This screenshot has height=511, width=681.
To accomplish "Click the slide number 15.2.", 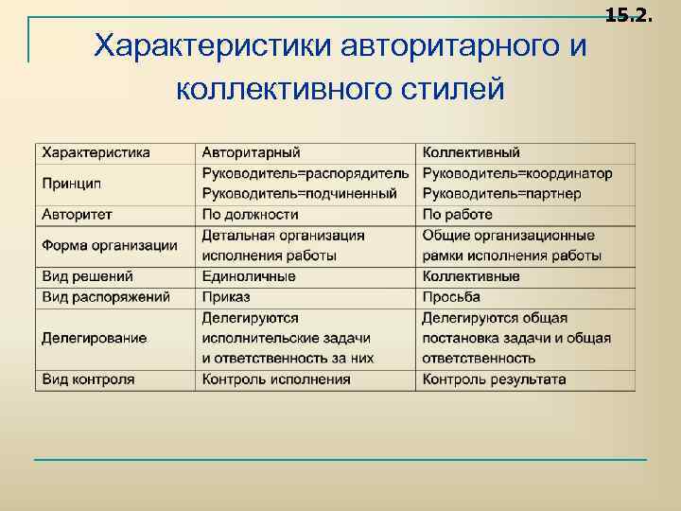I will (629, 13).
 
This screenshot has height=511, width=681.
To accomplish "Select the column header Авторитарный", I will (251, 152).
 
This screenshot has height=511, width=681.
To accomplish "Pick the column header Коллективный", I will (471, 152).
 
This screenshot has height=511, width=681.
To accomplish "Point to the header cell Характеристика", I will (96, 152).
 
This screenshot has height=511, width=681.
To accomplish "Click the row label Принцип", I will (71, 183).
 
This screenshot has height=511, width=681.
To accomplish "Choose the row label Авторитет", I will (77, 214).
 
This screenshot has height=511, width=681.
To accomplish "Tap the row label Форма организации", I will (110, 245).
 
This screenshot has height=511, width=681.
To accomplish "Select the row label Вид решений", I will (88, 276).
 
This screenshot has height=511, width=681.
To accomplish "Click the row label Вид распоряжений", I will (106, 297).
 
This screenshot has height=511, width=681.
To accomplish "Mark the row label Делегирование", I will (95, 338).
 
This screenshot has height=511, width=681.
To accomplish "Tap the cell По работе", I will (458, 214).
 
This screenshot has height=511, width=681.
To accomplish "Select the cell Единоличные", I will (249, 276).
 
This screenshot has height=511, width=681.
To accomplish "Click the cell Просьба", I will (451, 297).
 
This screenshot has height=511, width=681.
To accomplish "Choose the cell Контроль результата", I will (495, 379).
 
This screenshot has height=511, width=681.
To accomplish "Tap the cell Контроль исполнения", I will (276, 379).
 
